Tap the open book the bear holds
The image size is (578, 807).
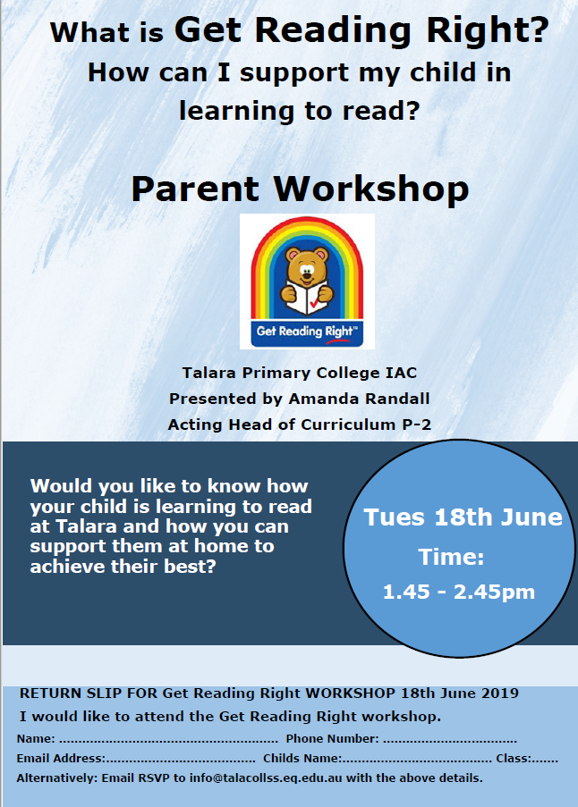[307, 299]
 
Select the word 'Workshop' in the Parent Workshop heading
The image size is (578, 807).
[371, 189]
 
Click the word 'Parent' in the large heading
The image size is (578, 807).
[195, 189]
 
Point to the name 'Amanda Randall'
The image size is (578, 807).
[359, 399]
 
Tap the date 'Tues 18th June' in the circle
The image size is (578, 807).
[463, 517]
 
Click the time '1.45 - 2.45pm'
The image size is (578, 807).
[458, 592]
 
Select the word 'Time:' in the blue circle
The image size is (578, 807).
[451, 557]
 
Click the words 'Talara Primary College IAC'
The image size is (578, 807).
[300, 373]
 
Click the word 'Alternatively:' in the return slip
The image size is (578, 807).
[56, 778]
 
